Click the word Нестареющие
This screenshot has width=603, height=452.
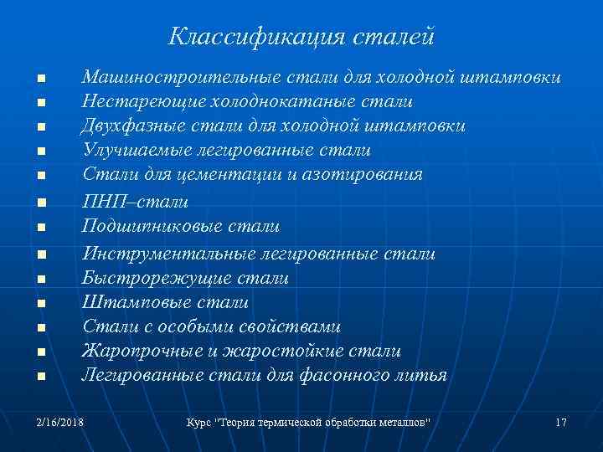click(138, 102)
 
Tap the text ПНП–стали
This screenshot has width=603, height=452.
click(135, 202)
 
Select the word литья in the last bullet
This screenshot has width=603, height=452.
click(420, 376)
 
